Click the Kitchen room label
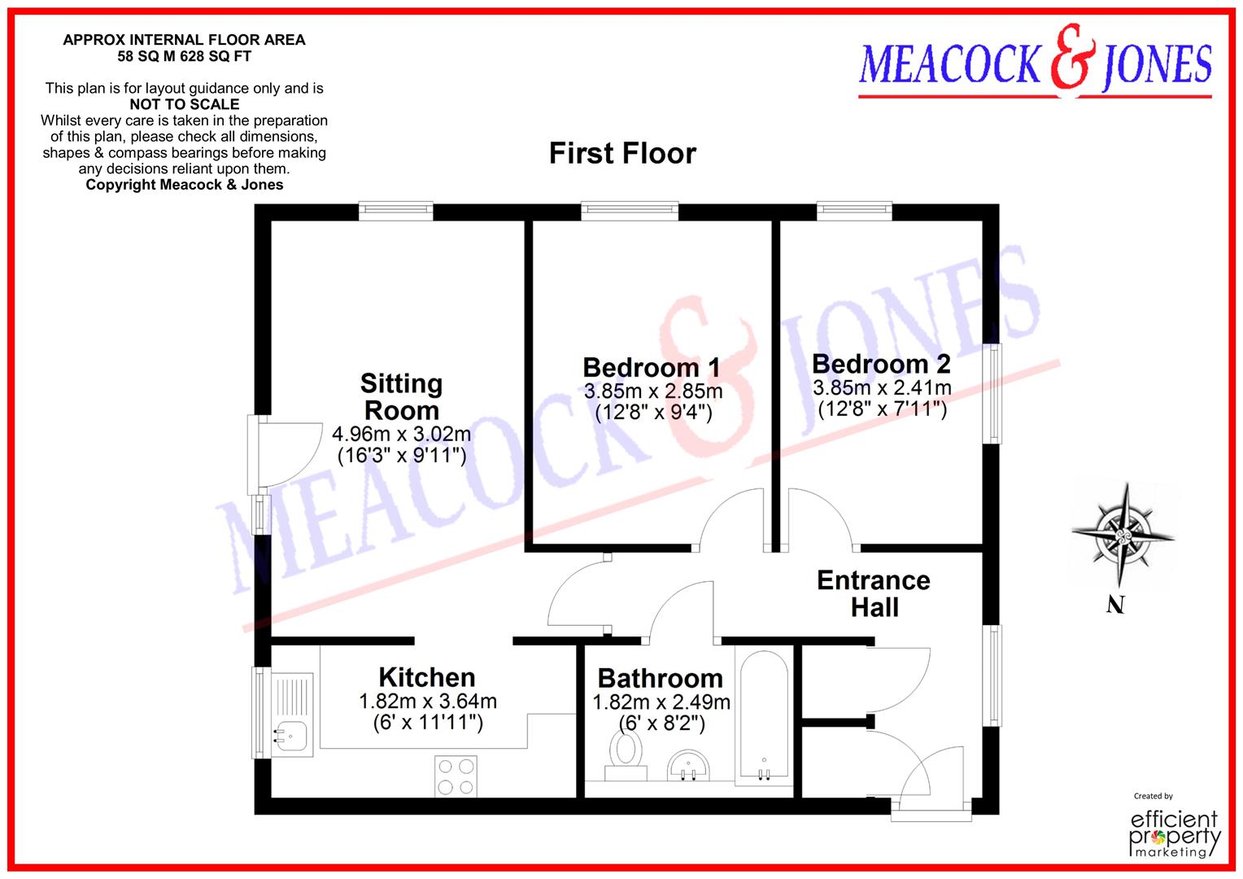pos(427,677)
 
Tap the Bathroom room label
pos(660,678)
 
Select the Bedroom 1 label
pos(651,367)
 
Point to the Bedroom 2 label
pos(881,363)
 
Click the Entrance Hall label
pos(874,593)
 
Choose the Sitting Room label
pos(401,396)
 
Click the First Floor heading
pos(622,153)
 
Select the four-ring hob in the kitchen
pos(456,776)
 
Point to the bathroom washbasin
pos(690,765)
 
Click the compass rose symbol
pos(1123,536)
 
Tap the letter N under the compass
pos(1115,605)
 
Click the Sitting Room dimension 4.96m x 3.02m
pos(401,434)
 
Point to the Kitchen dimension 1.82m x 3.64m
pos(427,701)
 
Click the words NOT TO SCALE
pos(185,104)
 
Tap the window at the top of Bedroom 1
pos(630,211)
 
